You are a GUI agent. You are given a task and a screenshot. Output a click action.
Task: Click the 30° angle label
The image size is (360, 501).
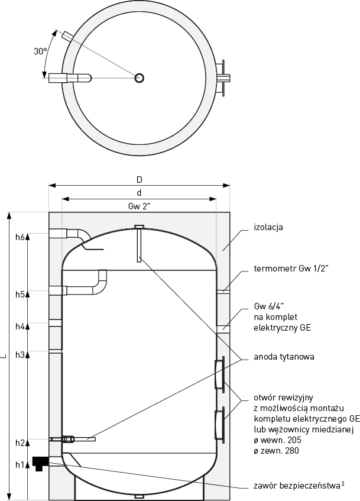click(x=40, y=51)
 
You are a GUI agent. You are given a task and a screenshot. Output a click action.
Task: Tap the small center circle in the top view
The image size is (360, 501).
click(x=140, y=77)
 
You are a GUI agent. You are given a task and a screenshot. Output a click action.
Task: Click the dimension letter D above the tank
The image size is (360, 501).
click(x=140, y=179)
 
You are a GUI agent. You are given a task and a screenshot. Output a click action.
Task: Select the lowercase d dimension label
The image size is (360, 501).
click(x=139, y=193)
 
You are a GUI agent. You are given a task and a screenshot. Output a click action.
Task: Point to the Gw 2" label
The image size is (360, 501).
click(x=140, y=206)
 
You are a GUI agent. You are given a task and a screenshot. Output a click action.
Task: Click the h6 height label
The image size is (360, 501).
click(x=20, y=237)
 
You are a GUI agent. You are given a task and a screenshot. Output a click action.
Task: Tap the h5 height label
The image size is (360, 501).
click(x=20, y=294)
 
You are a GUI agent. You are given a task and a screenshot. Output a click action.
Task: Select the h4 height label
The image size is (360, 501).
click(x=20, y=326)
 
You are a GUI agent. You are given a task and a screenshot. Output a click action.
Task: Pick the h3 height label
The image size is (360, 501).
click(x=20, y=355)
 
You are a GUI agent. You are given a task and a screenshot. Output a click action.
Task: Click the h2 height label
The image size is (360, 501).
click(x=20, y=442)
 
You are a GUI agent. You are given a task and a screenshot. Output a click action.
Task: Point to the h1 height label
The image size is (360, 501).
click(x=20, y=464)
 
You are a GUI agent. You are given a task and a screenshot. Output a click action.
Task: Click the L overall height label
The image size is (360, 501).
click(x=4, y=355)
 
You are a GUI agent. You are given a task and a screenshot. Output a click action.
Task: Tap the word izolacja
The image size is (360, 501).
click(x=269, y=227)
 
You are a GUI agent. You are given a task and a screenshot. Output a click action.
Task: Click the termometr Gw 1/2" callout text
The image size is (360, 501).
click(x=291, y=269)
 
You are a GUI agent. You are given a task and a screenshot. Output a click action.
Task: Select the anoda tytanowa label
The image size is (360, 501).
click(x=283, y=357)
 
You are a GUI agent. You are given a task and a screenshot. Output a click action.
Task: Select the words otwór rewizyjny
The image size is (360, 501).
click(x=278, y=396)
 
